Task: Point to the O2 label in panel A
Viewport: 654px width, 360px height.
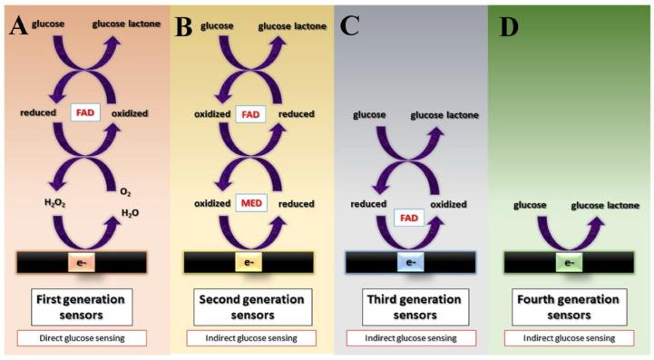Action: (123, 193)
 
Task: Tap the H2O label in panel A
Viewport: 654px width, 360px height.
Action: (132, 214)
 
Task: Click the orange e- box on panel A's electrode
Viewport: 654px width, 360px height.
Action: (82, 262)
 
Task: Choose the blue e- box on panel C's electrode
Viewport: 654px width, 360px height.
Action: (411, 262)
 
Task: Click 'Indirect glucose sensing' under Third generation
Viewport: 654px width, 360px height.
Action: (411, 338)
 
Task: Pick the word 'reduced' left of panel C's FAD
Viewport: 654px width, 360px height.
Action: (370, 205)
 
